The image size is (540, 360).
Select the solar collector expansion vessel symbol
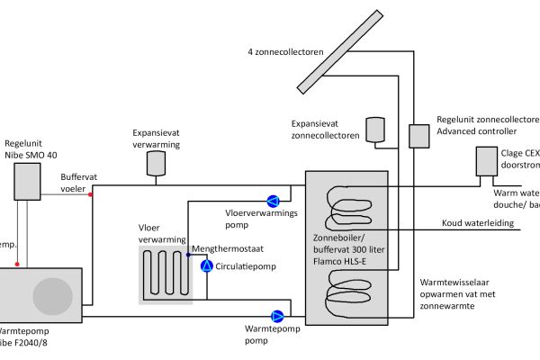(x=374, y=130)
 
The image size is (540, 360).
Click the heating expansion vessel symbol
(x=155, y=162)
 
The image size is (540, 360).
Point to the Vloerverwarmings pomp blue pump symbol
(x=274, y=199)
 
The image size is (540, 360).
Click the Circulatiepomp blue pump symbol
(x=206, y=266)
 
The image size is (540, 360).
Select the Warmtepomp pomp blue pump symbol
(x=277, y=316)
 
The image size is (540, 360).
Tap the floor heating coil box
(x=166, y=274)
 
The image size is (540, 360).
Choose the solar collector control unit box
(x=419, y=136)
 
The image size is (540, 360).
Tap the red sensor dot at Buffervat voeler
(x=91, y=193)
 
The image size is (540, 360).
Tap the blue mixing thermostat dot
(x=189, y=254)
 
